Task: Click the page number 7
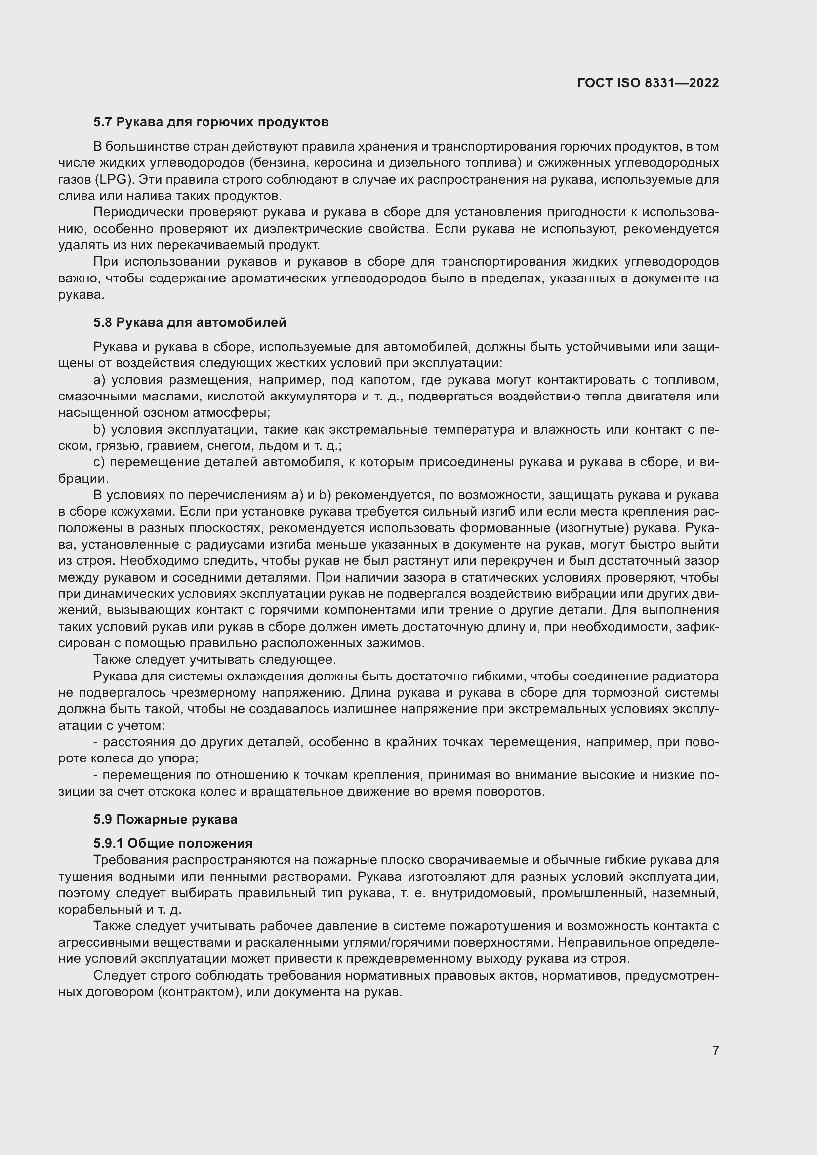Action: (x=715, y=1050)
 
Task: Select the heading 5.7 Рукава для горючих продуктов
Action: (x=211, y=122)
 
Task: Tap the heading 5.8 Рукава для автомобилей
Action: (x=190, y=322)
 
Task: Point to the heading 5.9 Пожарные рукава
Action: (x=165, y=820)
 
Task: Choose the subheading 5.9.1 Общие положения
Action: (x=172, y=843)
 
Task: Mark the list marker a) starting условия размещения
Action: (x=99, y=380)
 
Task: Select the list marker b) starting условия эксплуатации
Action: (x=99, y=430)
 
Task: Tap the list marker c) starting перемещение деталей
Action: (x=99, y=462)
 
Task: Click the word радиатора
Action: (x=686, y=677)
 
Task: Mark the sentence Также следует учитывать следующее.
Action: (x=215, y=660)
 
